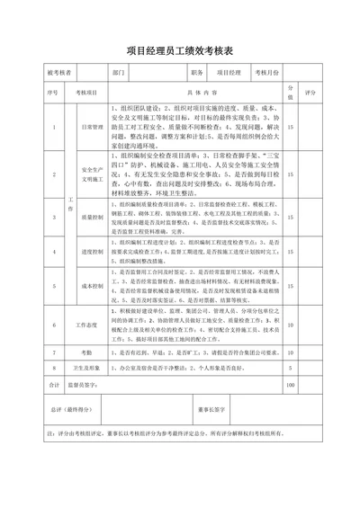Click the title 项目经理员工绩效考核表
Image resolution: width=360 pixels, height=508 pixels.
180,52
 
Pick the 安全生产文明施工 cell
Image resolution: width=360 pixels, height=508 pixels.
94,174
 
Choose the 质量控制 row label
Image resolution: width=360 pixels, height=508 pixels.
94,217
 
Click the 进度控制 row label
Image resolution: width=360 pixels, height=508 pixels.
94,252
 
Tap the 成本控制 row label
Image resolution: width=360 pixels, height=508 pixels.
94,286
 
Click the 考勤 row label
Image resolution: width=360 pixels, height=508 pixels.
85,352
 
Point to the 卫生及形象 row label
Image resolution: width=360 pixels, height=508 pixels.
85,368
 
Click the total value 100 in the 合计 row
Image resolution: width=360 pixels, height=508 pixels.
290,385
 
